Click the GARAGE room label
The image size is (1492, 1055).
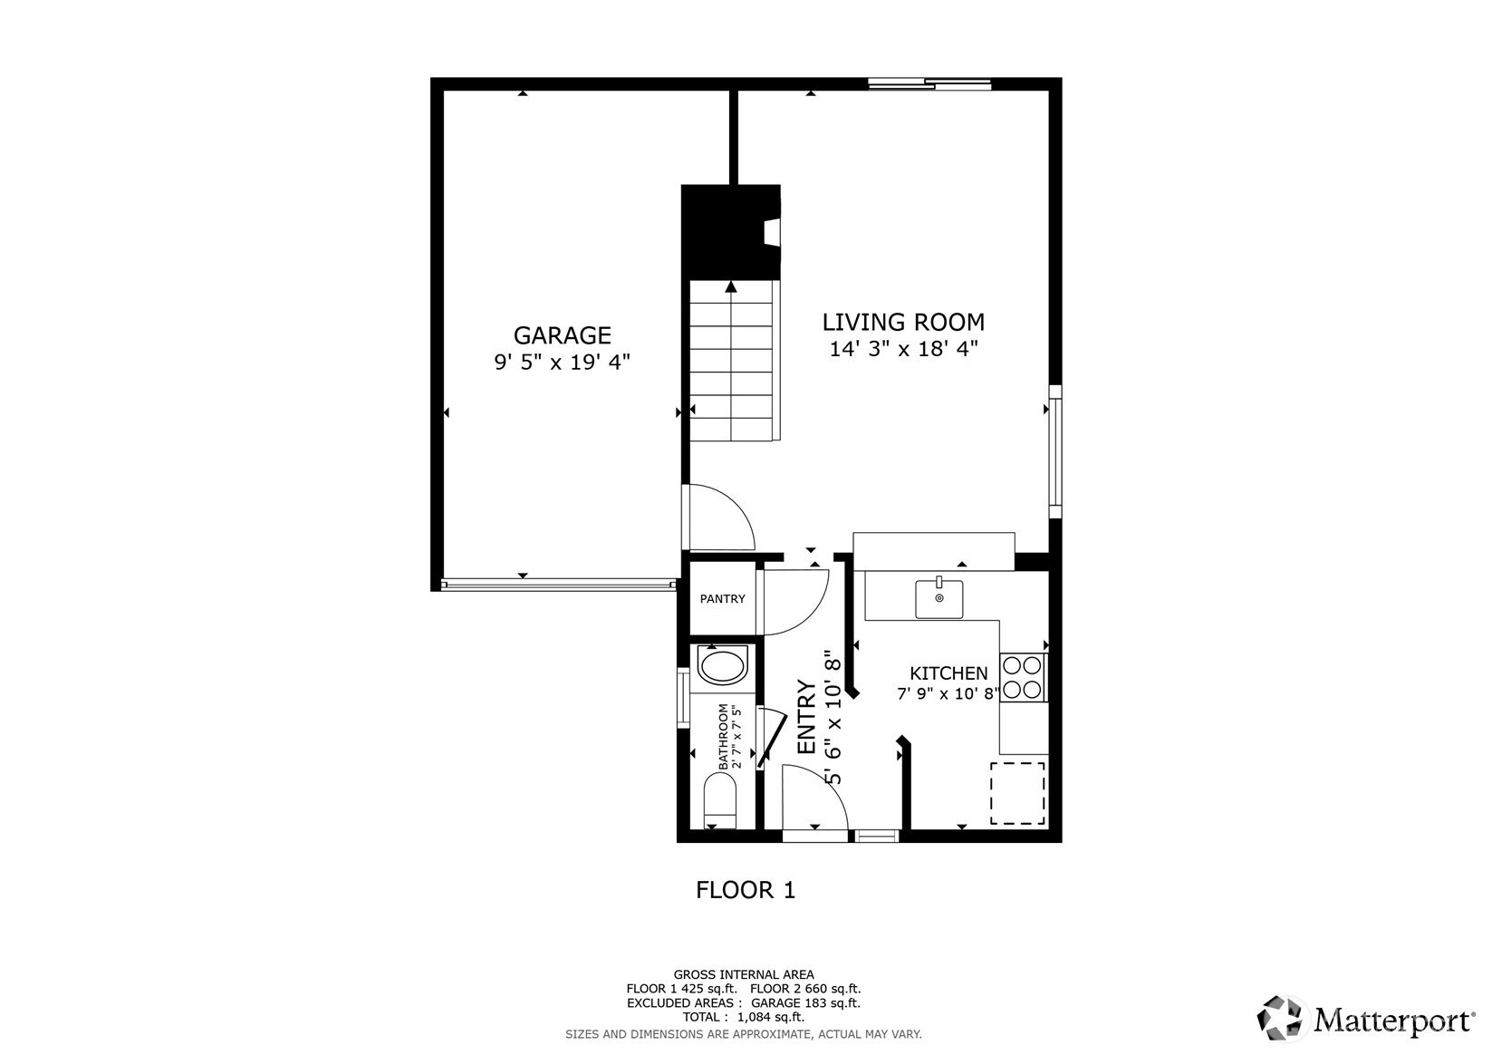pos(563,335)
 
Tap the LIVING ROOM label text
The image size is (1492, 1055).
pos(903,323)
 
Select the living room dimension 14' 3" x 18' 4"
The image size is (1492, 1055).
pos(903,349)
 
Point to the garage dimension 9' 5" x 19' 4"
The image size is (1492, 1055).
pos(563,362)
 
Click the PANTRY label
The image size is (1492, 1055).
pos(722,599)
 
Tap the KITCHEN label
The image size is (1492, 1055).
pos(948,673)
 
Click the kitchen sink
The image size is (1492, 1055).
pos(939,598)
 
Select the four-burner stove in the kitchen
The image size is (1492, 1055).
pos(1023,677)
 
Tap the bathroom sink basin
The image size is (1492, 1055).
pos(722,665)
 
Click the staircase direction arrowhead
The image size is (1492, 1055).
pos(731,286)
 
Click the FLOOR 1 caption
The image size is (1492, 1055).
pos(746,890)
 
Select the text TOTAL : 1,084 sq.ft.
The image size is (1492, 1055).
pos(744,1017)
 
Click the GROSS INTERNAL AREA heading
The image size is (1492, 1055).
pos(744,974)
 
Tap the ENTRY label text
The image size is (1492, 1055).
pos(806,717)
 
